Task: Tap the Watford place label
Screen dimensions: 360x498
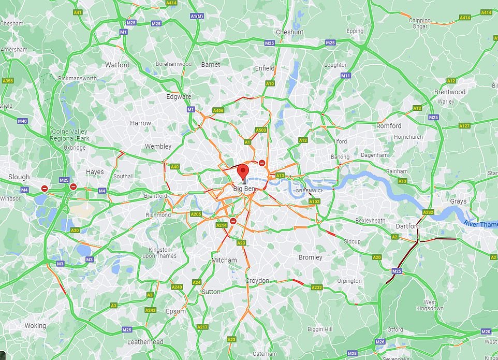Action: (118, 65)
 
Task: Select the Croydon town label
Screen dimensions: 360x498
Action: (257, 281)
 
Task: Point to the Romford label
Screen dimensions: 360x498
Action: (389, 126)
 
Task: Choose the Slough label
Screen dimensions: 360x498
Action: (19, 177)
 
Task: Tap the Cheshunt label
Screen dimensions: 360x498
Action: (289, 32)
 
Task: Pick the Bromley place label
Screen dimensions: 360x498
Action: (311, 257)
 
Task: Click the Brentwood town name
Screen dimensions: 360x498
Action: (450, 92)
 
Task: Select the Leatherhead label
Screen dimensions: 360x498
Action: (145, 342)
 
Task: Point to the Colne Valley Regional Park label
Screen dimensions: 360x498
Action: (70, 135)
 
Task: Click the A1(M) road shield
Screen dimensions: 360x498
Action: (197, 17)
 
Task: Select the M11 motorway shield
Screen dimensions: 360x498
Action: (346, 76)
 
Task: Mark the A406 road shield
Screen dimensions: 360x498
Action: (218, 110)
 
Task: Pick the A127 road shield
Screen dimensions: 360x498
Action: (464, 126)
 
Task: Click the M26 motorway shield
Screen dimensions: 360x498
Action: (380, 342)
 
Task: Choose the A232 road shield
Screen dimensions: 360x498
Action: (316, 287)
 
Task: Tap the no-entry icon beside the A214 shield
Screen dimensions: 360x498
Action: (233, 221)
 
